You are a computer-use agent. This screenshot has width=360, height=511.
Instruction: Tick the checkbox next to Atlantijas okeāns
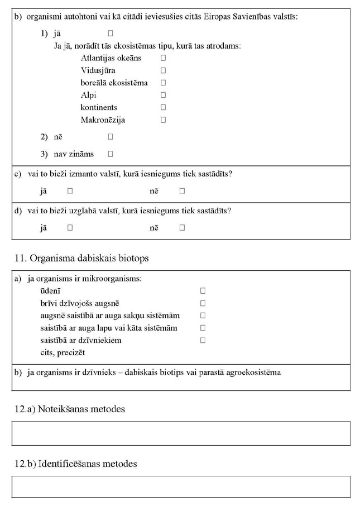164,58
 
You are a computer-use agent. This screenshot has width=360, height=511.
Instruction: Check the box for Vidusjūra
164,70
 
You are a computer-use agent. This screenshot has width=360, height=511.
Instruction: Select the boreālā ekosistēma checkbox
164,83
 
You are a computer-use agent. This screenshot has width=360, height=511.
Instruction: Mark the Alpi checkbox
164,95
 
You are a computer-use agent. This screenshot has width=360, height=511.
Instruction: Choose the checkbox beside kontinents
164,107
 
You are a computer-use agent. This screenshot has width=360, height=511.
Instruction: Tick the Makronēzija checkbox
164,120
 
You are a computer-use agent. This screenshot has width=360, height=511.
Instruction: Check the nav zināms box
111,154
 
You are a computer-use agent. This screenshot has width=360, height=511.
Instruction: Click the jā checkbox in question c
70,191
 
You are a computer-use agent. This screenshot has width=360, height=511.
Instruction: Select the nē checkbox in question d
182,228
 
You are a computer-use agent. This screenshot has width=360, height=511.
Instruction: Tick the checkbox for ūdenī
203,291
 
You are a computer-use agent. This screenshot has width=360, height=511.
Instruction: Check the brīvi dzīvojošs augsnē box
203,303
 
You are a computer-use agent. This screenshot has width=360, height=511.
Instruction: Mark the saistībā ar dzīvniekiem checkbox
203,340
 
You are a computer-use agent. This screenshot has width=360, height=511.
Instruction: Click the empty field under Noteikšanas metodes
181,433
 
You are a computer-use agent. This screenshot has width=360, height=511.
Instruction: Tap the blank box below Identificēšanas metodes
181,487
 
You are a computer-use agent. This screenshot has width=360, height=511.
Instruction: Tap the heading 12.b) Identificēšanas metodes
75,464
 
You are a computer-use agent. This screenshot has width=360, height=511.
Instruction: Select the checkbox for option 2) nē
111,136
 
